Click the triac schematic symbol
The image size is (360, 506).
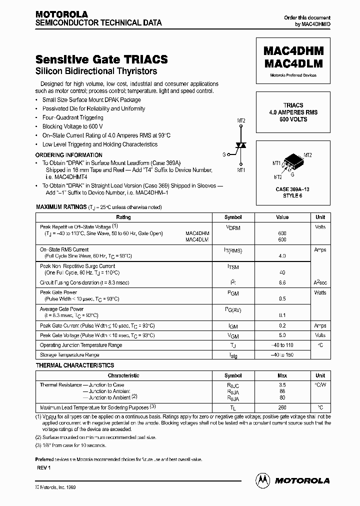pyautogui.click(x=241, y=145)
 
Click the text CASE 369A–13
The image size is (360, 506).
pyautogui.click(x=293, y=189)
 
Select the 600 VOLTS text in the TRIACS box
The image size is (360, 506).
pyautogui.click(x=293, y=119)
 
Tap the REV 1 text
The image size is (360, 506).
pyautogui.click(x=44, y=467)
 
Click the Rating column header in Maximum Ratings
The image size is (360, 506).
pyautogui.click(x=123, y=217)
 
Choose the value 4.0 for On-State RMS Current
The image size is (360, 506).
pyautogui.click(x=282, y=256)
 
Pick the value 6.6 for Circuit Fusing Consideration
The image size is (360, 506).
pyautogui.click(x=282, y=282)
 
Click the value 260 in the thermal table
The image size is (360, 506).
pyautogui.click(x=282, y=407)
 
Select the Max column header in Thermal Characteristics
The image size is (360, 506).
pyautogui.click(x=282, y=375)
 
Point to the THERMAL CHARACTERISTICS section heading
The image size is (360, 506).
pyautogui.click(x=75, y=365)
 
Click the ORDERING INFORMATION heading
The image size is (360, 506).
pyautogui.click(x=69, y=155)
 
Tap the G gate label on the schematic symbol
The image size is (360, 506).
pyautogui.click(x=224, y=155)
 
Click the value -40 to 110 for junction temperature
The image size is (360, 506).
pyautogui.click(x=282, y=345)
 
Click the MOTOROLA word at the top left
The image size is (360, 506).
pyautogui.click(x=61, y=14)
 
